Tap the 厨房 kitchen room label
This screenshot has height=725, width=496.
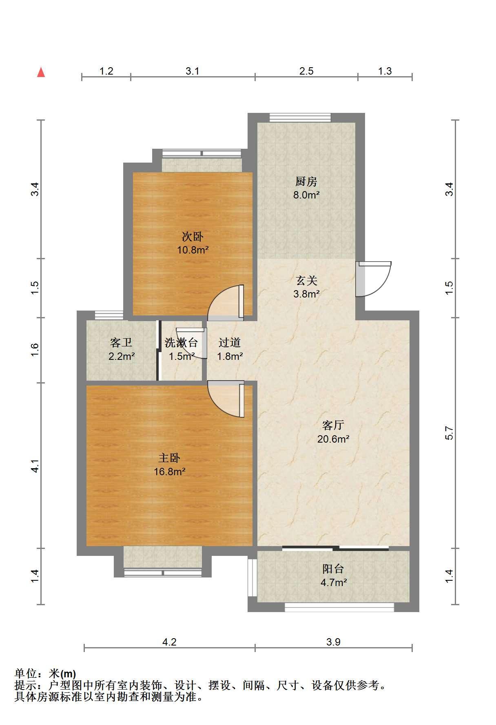(306, 181)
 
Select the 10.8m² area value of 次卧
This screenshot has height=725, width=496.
(193, 250)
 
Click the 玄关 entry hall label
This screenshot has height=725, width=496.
(306, 280)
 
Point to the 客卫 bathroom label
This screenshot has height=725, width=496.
(121, 343)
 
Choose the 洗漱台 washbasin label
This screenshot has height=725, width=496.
(181, 343)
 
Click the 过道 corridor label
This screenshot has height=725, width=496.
(230, 343)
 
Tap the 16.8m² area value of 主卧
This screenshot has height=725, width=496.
(170, 472)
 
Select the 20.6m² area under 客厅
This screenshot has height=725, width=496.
(333, 439)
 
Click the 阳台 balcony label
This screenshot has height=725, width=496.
(333, 569)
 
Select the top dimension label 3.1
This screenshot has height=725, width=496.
(193, 71)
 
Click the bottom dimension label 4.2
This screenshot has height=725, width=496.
(169, 642)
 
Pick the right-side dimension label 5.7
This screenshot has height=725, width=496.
(449, 433)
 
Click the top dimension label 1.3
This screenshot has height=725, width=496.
(385, 71)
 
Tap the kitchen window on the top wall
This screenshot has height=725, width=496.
(300, 117)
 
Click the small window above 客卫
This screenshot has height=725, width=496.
(109, 315)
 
